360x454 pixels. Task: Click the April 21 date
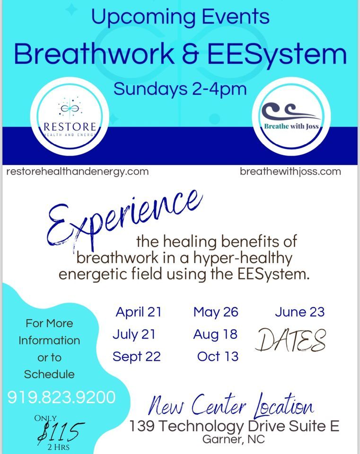(139, 312)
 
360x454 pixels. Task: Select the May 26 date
(216, 312)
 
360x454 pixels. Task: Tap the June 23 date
(299, 312)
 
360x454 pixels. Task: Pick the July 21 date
(134, 334)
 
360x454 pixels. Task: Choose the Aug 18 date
(215, 334)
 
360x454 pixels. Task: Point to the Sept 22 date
(137, 357)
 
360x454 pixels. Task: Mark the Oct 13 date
(218, 357)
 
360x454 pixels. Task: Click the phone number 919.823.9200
(61, 397)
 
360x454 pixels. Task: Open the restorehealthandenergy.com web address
(78, 172)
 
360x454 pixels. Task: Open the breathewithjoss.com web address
(290, 172)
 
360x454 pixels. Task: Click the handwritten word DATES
(290, 340)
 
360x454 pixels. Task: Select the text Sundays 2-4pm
(180, 88)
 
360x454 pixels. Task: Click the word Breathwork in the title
(95, 53)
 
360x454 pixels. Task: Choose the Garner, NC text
(234, 439)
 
